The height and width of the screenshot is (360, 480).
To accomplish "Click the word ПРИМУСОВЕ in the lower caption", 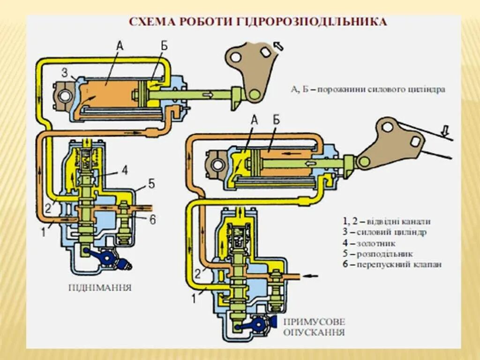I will (314, 322).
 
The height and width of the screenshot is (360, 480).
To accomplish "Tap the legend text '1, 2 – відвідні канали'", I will (386, 222).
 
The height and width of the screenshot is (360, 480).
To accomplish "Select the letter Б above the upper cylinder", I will (164, 45).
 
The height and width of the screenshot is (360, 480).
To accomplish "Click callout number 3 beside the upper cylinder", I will (64, 72).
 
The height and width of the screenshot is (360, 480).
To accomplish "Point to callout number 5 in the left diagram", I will (151, 183).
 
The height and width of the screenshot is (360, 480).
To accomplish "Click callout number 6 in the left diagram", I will (153, 219).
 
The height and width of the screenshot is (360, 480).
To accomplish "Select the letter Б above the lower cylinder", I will (276, 120).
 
